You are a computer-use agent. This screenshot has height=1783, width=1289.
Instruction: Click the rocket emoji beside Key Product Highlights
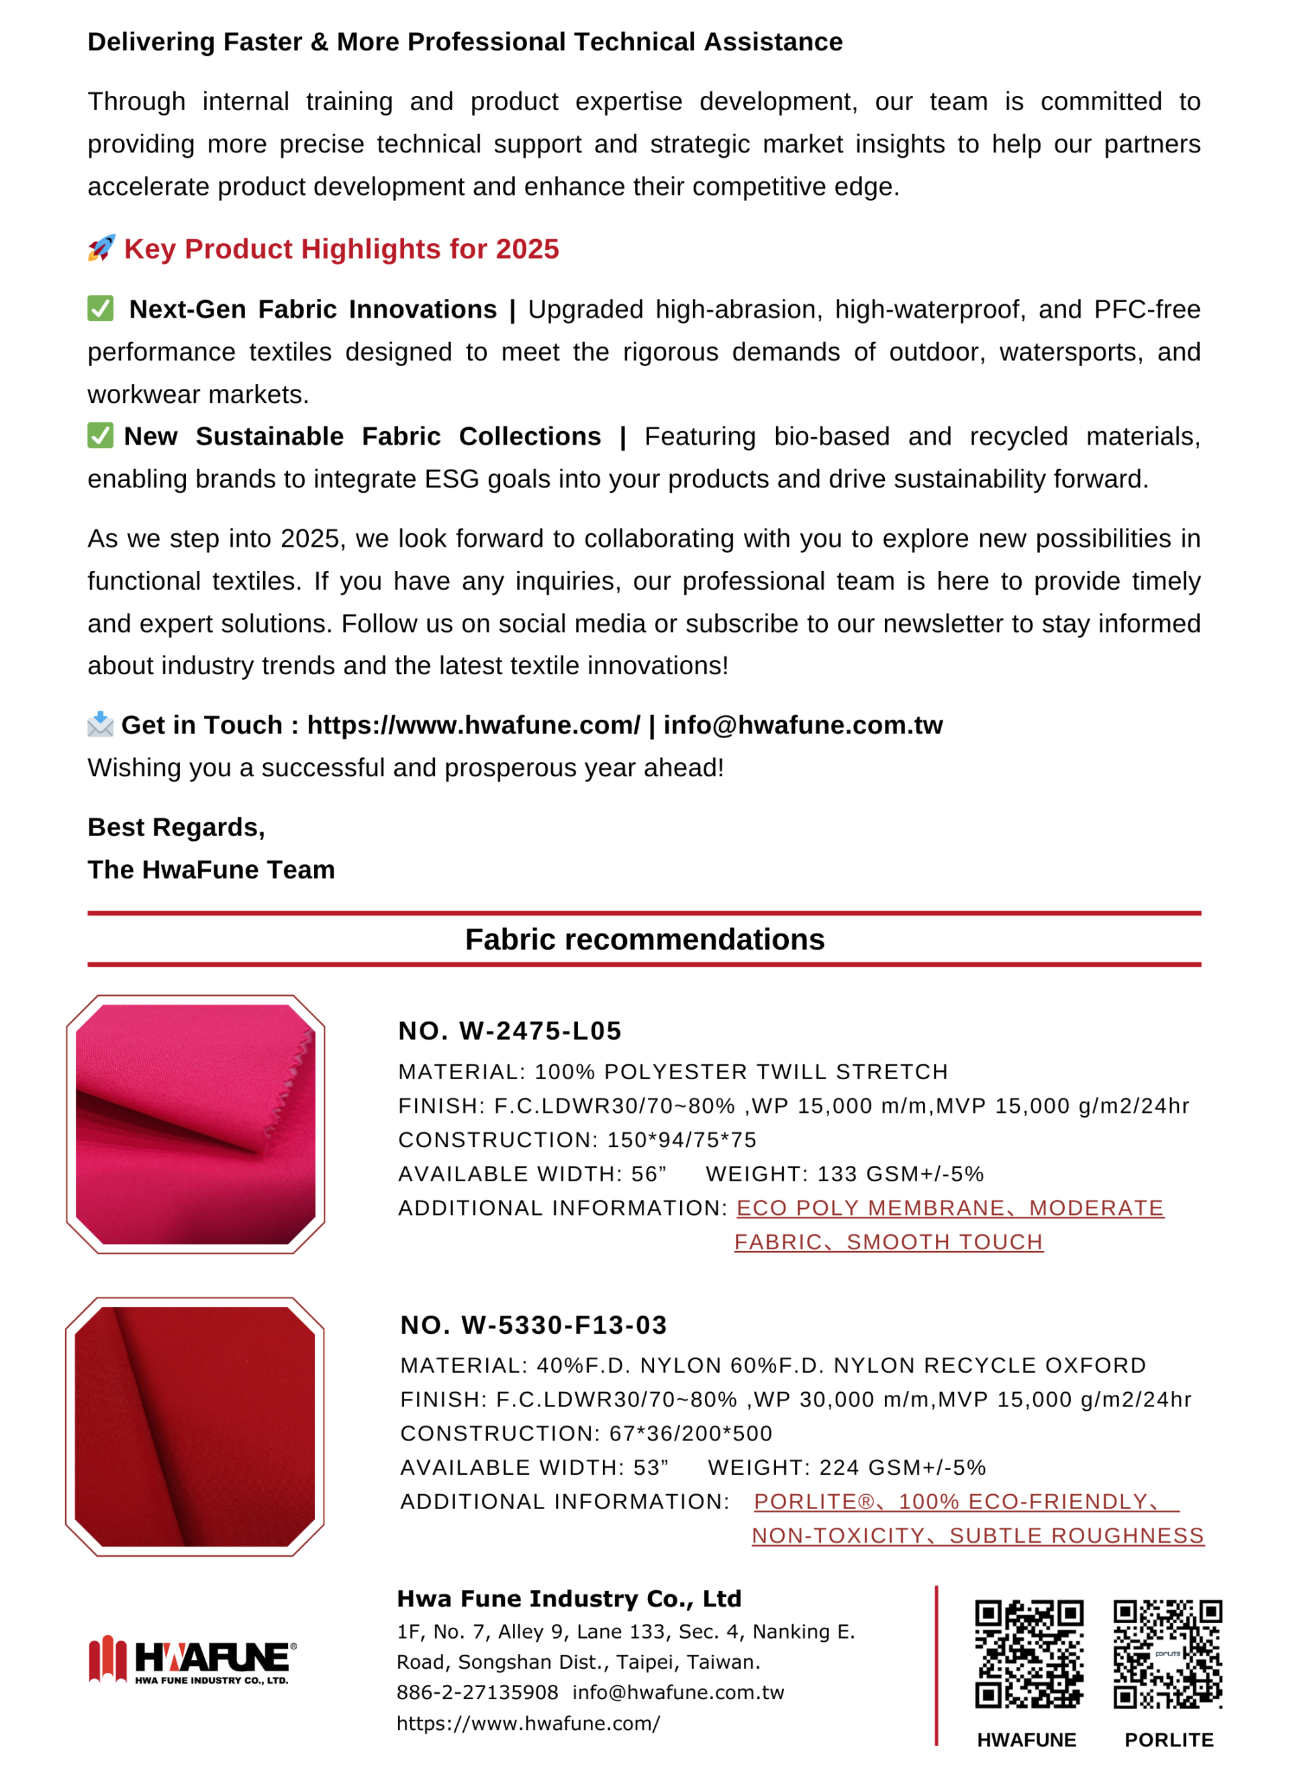(x=101, y=248)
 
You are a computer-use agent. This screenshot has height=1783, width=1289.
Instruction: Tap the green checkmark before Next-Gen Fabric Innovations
(x=101, y=308)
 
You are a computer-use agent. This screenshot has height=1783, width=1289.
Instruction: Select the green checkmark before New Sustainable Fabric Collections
(x=101, y=435)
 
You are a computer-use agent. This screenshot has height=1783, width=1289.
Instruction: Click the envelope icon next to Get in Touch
(x=101, y=724)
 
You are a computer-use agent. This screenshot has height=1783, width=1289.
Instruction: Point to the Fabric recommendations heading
(x=644, y=940)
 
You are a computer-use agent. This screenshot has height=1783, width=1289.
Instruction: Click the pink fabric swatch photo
(x=196, y=1124)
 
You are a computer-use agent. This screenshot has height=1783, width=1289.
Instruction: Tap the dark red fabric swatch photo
(x=195, y=1426)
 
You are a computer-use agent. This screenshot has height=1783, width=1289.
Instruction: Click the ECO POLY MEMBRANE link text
(x=870, y=1207)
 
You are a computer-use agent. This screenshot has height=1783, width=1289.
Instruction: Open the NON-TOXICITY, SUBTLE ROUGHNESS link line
(x=977, y=1535)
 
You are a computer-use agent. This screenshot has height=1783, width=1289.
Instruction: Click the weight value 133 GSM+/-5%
(x=900, y=1174)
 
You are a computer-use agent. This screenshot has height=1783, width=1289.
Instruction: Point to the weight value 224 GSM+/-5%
(x=902, y=1468)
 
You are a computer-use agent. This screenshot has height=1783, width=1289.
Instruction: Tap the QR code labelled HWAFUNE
(x=1029, y=1653)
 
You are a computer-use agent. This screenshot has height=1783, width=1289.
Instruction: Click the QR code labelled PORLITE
(x=1167, y=1653)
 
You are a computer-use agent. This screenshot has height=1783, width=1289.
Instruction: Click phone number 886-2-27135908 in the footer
(x=477, y=1692)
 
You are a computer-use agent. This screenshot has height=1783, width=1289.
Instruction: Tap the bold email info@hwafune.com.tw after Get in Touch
(x=802, y=725)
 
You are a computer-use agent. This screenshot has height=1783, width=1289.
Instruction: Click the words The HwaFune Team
(x=211, y=870)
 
